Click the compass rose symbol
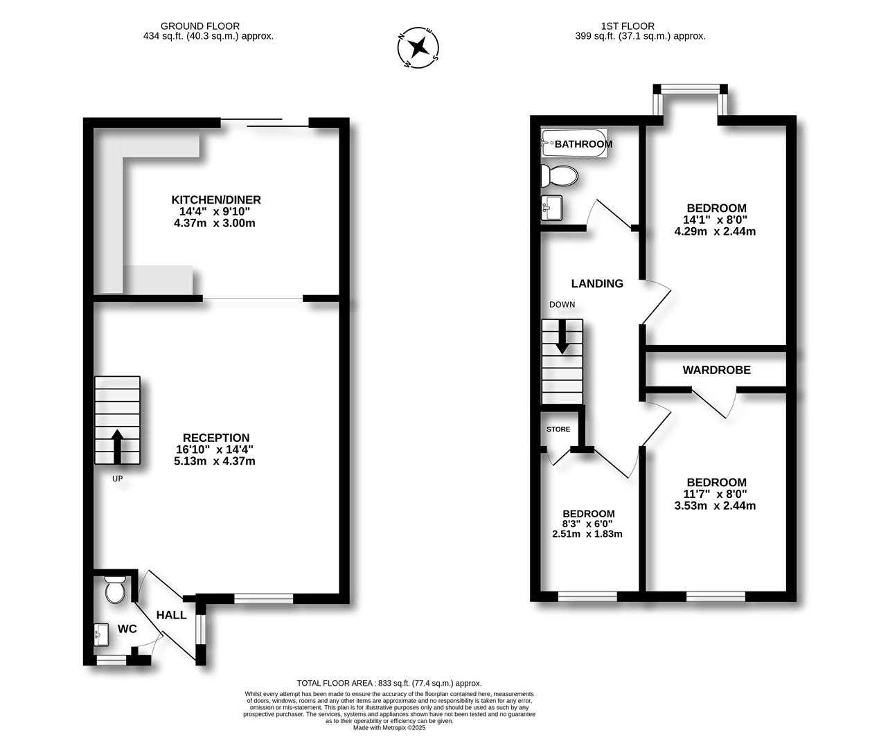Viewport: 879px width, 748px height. [418, 48]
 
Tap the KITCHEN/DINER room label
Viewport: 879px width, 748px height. [216, 199]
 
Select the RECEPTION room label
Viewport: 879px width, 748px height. [216, 438]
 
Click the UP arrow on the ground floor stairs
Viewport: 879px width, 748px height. [117, 446]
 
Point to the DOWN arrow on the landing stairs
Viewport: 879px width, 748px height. [562, 337]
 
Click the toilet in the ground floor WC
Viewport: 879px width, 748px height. [115, 589]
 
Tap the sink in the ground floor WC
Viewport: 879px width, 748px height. [102, 635]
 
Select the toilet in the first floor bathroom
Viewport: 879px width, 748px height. [559, 176]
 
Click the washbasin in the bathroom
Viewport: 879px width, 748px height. [551, 208]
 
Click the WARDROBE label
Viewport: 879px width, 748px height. [716, 370]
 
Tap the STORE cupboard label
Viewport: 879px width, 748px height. [558, 429]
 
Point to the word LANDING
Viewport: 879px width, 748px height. [597, 283]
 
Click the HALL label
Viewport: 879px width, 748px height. [171, 615]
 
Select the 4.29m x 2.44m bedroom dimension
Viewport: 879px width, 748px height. [715, 232]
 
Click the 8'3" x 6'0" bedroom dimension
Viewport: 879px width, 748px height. [588, 524]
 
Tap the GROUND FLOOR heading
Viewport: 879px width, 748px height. [200, 26]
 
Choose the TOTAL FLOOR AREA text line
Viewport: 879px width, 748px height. [389, 684]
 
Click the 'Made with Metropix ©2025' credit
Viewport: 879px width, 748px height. [389, 728]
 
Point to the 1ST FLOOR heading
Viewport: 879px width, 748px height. [628, 26]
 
